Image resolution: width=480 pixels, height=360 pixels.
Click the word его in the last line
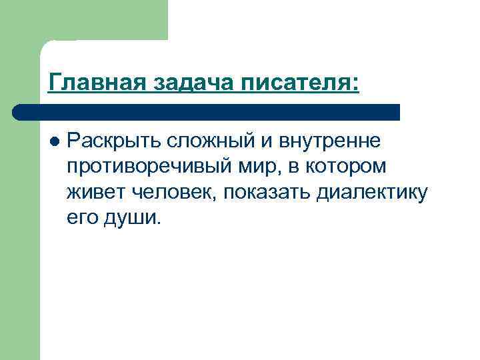click(x=81, y=218)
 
